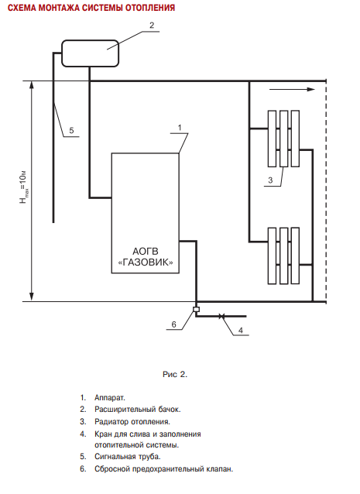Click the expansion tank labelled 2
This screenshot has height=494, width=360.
(90, 53)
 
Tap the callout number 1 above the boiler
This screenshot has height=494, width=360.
(180, 128)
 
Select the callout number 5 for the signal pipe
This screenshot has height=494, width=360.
(71, 130)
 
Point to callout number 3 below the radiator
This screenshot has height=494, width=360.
(270, 180)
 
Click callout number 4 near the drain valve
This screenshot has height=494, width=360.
(241, 330)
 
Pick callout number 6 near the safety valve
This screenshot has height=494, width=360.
(174, 324)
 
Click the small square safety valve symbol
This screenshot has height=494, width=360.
(196, 310)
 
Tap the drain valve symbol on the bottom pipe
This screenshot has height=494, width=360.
(221, 316)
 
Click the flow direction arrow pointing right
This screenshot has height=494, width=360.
(292, 90)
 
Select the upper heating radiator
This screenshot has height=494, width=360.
(283, 139)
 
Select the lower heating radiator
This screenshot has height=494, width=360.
(283, 256)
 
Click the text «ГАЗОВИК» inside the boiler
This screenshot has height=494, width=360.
(146, 262)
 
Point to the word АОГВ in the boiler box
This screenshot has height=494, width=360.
(146, 252)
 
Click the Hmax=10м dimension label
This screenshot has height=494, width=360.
(24, 187)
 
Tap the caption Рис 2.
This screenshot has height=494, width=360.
(175, 374)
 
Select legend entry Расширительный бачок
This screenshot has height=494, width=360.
(138, 410)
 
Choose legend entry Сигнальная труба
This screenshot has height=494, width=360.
(128, 456)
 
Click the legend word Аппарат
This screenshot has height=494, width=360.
(110, 397)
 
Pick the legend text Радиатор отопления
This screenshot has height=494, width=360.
(132, 421)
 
